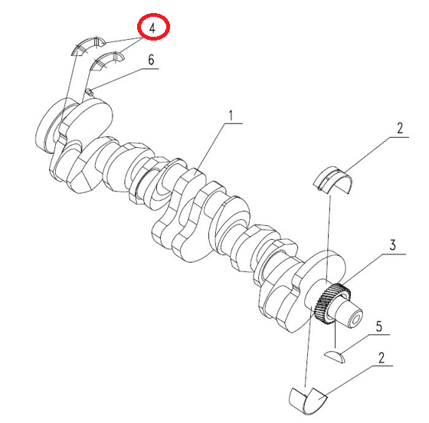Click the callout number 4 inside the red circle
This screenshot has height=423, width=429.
[x=152, y=28]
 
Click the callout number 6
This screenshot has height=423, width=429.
[x=151, y=59]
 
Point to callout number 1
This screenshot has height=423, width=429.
[x=231, y=116]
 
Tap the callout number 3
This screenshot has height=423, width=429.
[x=392, y=245]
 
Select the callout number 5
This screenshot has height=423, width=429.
[x=378, y=326]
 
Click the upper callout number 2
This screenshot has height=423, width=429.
[x=400, y=128]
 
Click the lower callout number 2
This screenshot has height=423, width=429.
[x=382, y=358]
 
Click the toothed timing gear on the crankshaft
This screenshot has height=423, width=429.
[x=332, y=303]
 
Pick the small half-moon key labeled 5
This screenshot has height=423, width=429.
[x=334, y=356]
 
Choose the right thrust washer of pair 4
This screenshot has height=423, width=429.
[x=107, y=61]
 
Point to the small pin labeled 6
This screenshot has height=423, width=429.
[x=89, y=92]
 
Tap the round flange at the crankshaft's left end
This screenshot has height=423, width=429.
[x=54, y=126]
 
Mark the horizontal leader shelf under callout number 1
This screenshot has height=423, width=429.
[x=234, y=123]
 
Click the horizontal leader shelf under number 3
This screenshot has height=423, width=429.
[x=393, y=254]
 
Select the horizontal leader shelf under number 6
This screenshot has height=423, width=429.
[x=150, y=69]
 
